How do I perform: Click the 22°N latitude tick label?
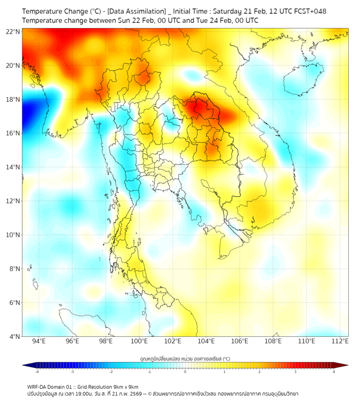[13, 31]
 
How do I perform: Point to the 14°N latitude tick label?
[13, 167]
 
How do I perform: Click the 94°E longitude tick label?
[38, 342]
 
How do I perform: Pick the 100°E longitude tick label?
[139, 342]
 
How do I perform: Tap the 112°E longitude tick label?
[340, 342]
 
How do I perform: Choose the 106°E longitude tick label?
[240, 342]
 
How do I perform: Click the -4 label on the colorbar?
[37, 372]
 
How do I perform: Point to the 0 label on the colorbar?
[185, 372]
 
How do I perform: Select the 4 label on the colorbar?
[334, 372]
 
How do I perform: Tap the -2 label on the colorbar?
[111, 372]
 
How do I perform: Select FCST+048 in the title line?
[308, 11]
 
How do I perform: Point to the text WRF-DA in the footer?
[37, 386]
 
